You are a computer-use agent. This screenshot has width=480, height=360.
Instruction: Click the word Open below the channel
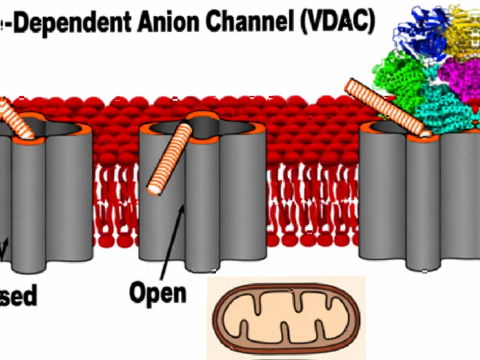coord(158,294)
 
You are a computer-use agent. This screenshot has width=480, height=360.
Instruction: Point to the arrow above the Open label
coord(175,240)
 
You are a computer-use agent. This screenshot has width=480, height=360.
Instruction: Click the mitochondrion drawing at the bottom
coord(287,318)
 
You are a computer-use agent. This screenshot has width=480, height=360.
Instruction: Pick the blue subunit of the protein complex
coord(420,36)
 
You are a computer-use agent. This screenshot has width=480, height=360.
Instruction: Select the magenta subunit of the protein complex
coord(459,78)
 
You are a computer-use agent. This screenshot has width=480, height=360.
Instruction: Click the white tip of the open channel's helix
coord(155,188)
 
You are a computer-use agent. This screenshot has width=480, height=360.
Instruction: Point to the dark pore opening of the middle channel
coord(204,125)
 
